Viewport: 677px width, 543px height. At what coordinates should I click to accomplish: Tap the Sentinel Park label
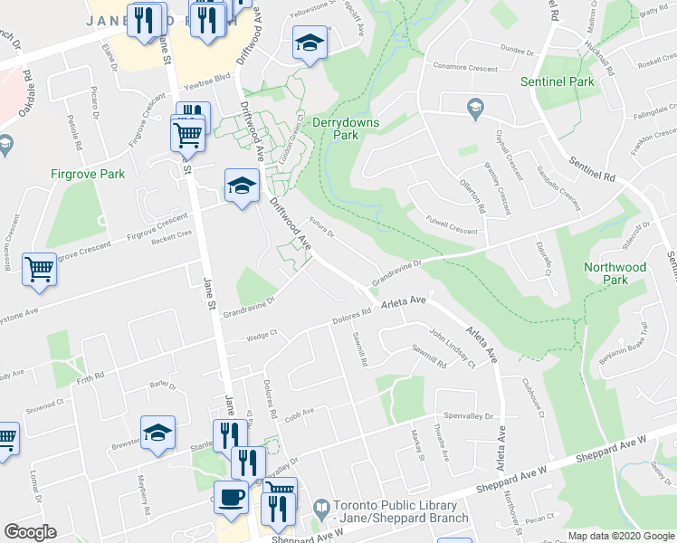(x=557, y=81)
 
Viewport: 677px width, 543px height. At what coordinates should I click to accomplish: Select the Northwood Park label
(x=615, y=273)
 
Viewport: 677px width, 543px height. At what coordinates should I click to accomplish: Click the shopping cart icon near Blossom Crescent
(x=39, y=269)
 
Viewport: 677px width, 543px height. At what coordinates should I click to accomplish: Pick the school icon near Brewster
(x=157, y=432)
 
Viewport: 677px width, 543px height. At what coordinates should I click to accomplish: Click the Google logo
(x=30, y=532)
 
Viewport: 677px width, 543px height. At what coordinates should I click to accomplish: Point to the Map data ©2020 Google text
(x=620, y=536)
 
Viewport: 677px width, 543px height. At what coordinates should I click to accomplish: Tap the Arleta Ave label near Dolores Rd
(x=404, y=301)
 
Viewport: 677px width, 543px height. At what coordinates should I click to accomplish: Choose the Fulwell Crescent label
(x=452, y=231)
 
